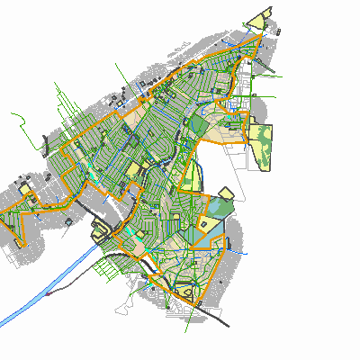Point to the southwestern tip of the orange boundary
(x=21, y=245)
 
